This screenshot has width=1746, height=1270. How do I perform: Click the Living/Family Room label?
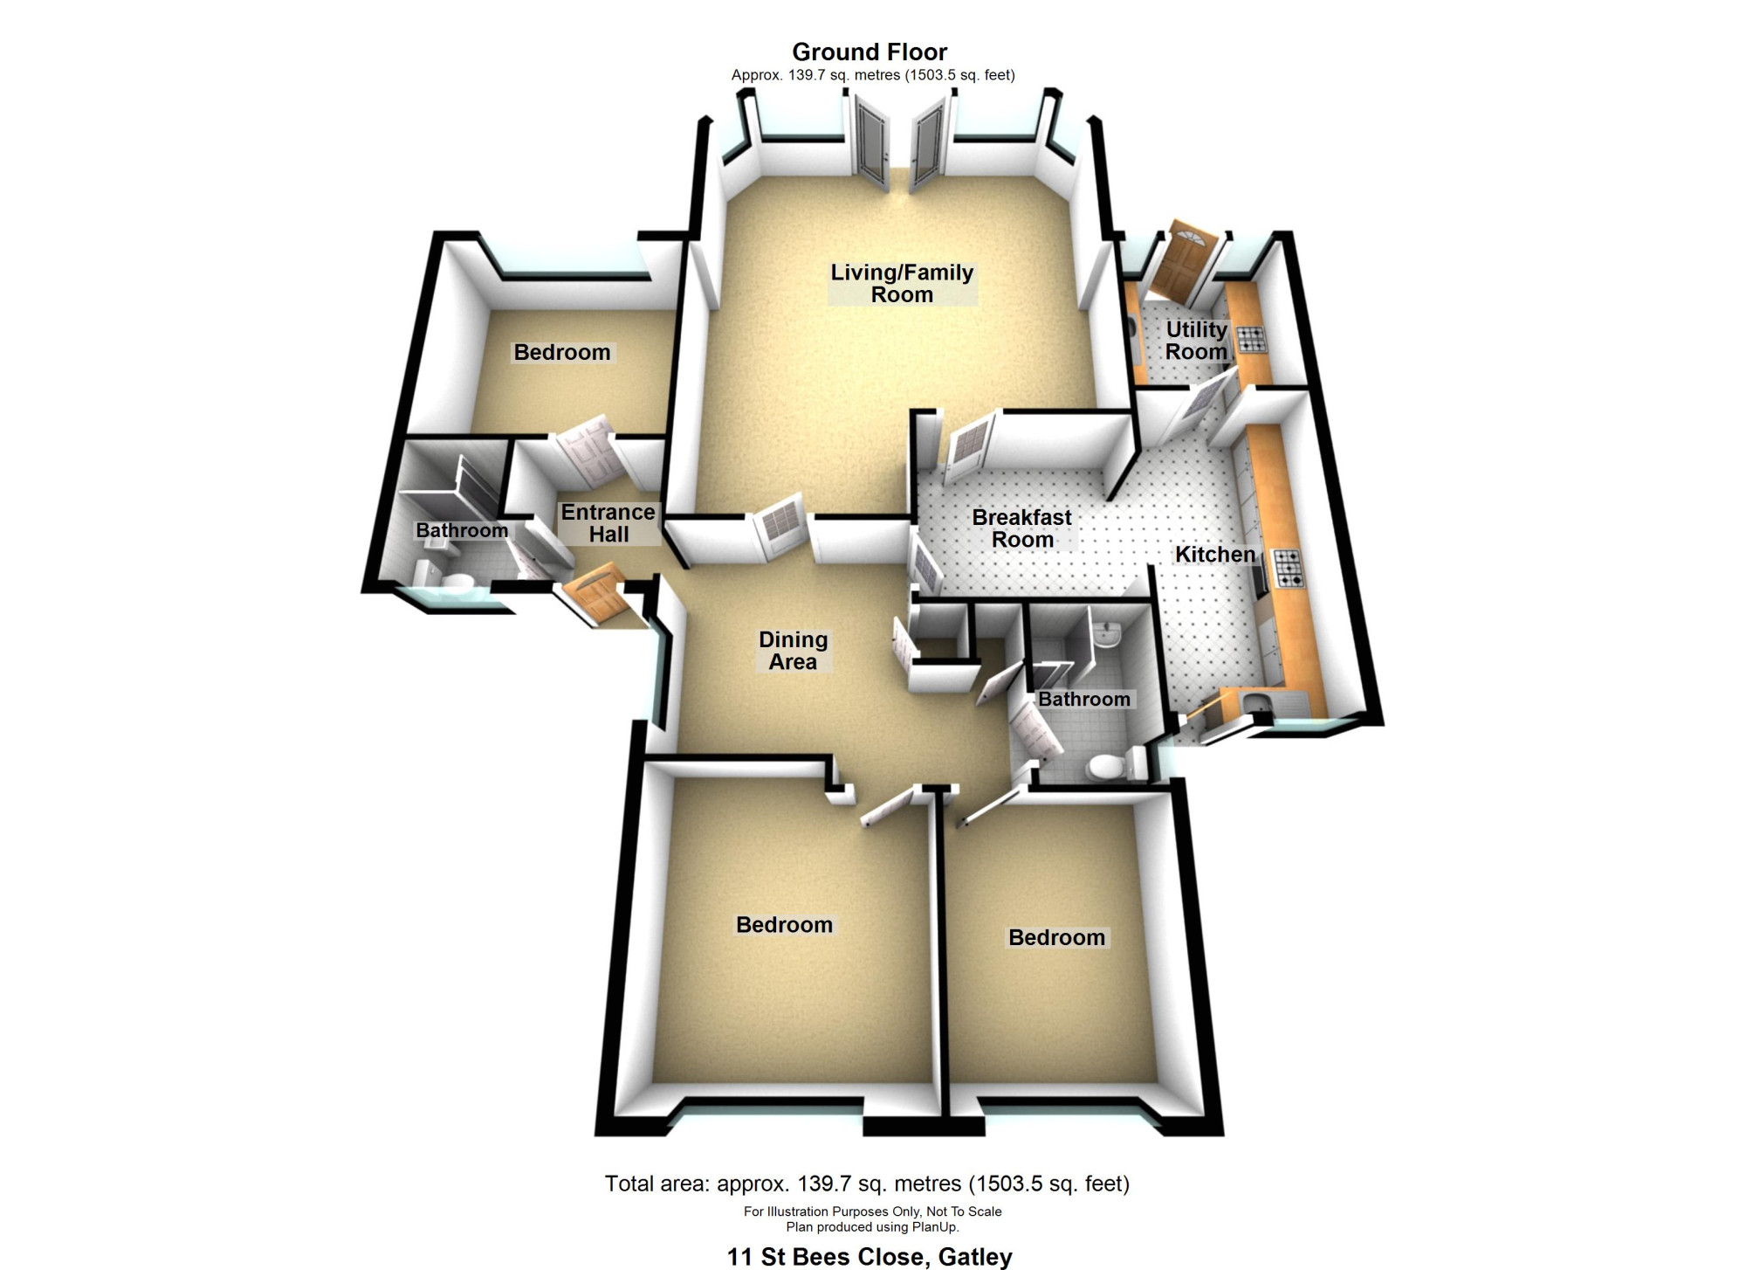pos(902,283)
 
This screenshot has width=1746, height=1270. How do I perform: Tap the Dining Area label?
pos(793,651)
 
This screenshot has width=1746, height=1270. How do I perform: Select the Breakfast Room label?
pos(1022,528)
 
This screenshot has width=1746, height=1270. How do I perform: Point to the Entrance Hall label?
pos(608,523)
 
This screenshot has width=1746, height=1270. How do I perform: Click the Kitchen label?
pos(1215,555)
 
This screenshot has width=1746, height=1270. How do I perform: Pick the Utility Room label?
pos(1197,341)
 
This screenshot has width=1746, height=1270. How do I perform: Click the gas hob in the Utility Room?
pos(1250,339)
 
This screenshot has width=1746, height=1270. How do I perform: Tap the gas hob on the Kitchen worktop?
pos(1289,568)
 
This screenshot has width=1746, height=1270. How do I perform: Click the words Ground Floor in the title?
pos(870,52)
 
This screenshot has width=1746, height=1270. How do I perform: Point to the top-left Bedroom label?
pos(562,352)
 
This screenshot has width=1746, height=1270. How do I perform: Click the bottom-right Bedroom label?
pos(1056,937)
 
